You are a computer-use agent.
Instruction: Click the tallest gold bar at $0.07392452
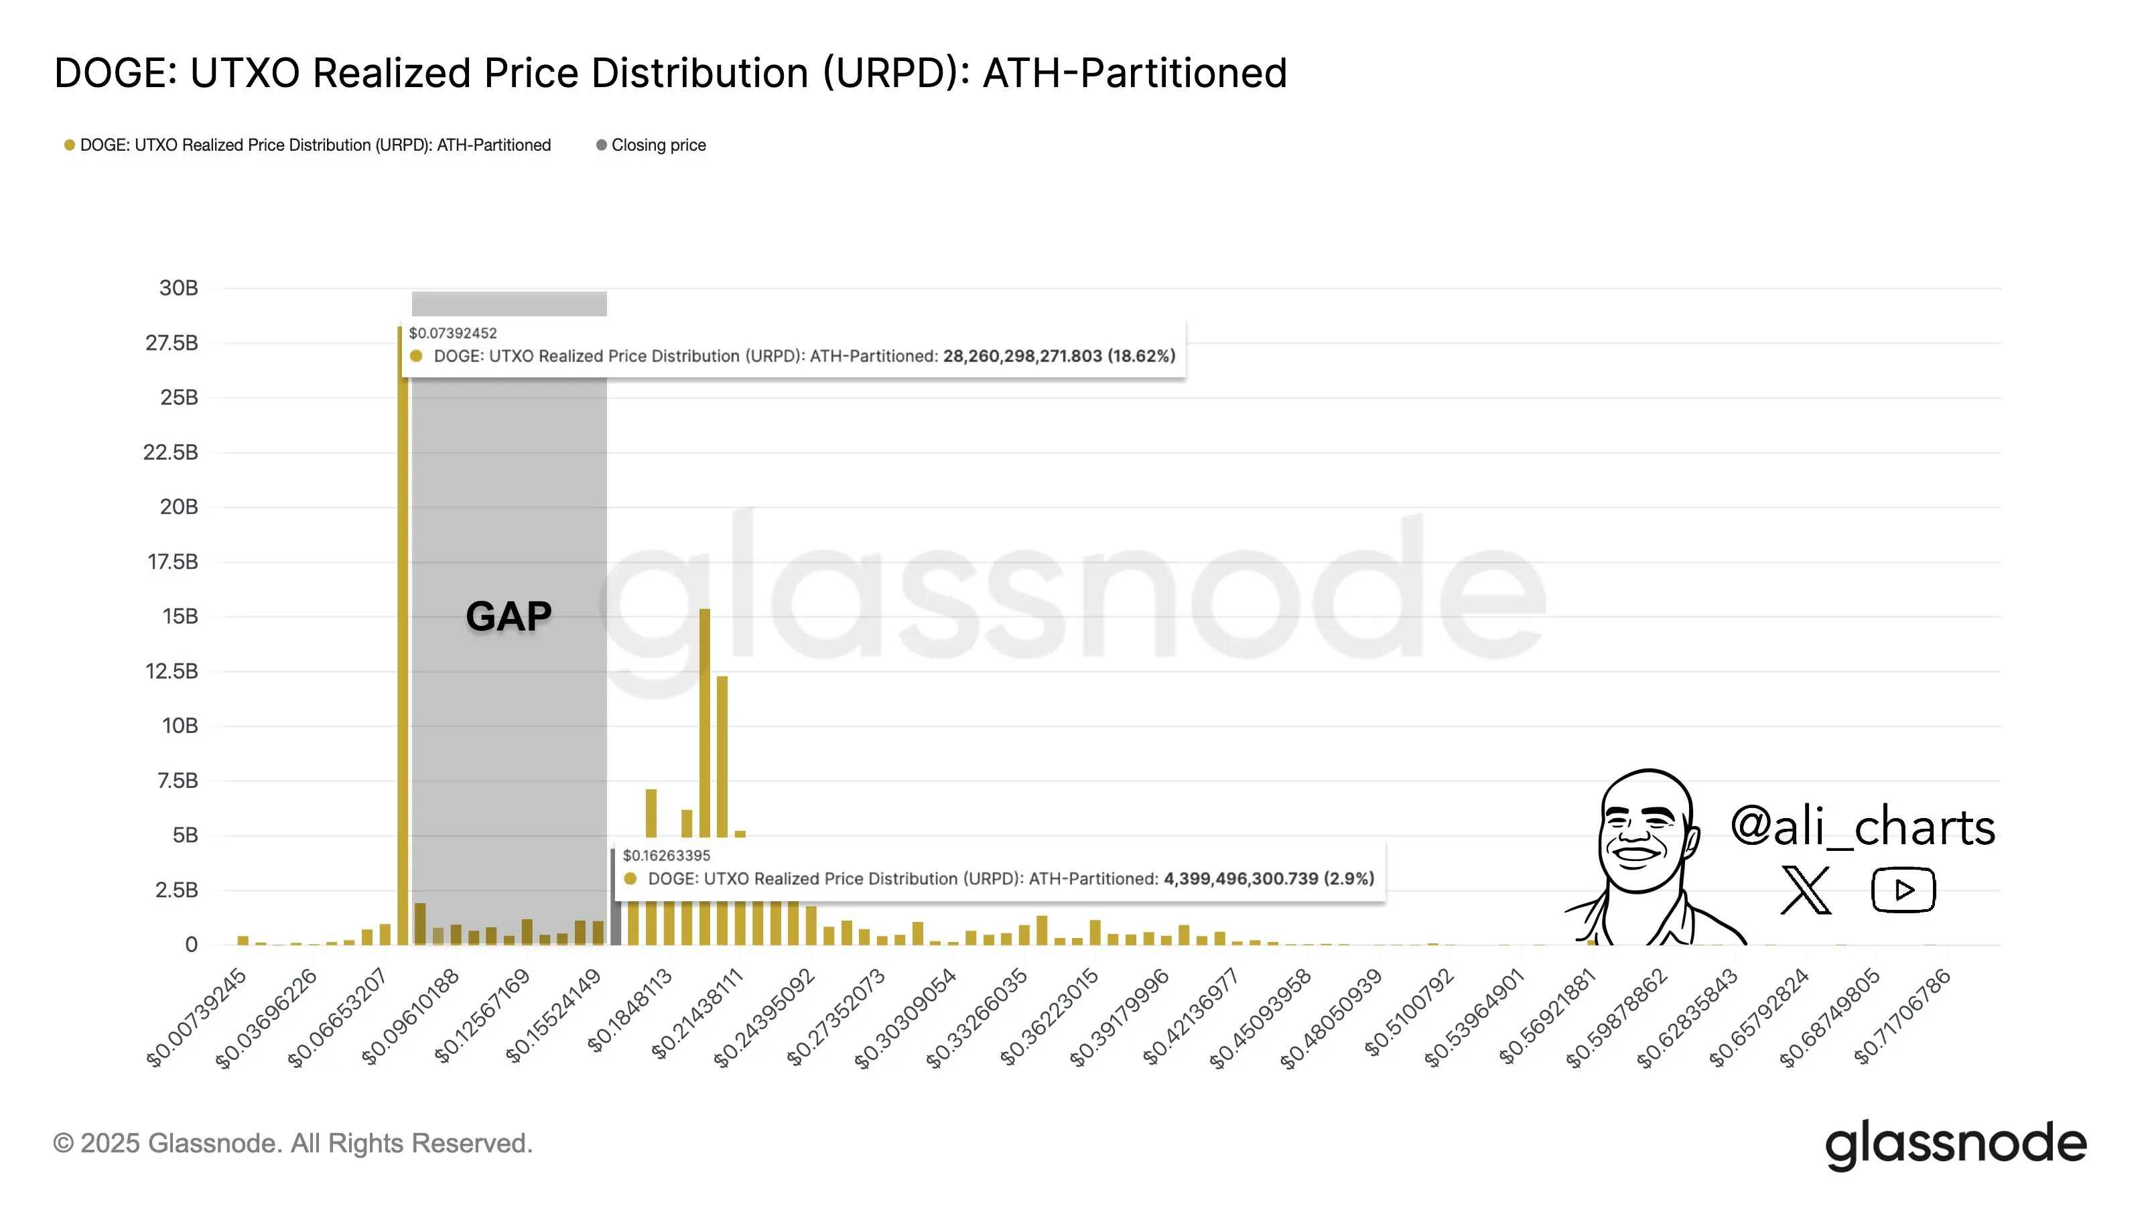[x=403, y=632]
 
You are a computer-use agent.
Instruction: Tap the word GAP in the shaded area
[x=509, y=616]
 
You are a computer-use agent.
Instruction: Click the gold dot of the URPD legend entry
[x=70, y=145]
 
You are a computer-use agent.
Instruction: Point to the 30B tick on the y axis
[x=178, y=288]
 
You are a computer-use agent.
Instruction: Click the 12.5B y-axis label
[x=172, y=671]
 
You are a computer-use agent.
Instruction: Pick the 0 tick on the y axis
[x=192, y=944]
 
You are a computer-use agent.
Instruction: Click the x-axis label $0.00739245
[x=196, y=1018]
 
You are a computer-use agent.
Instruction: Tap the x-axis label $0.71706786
[x=1903, y=1018]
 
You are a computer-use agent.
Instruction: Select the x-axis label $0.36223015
[x=1051, y=1018]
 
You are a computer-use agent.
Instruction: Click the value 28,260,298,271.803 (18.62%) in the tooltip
[x=1058, y=356]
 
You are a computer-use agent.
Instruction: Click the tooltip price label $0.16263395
[x=667, y=856]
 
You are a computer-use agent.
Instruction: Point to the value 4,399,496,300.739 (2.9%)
[x=1268, y=878]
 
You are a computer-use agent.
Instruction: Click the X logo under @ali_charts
[x=1805, y=890]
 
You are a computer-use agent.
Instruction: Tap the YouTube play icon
[x=1903, y=890]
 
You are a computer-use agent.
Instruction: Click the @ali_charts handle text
[x=1863, y=827]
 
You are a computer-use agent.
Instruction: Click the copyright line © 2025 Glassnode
[x=293, y=1144]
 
